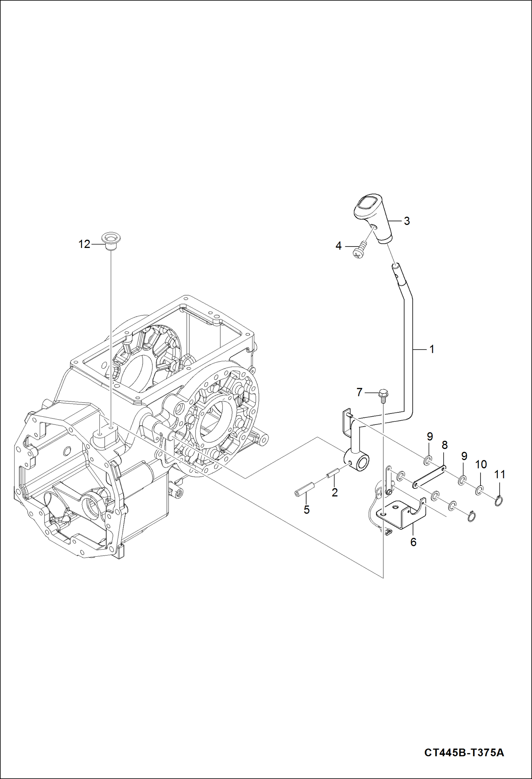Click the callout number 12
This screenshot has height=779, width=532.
(84, 244)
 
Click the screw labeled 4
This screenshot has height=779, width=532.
(360, 248)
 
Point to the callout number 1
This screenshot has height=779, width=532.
(432, 349)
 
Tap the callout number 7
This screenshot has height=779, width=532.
(359, 392)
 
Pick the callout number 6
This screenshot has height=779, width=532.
(413, 542)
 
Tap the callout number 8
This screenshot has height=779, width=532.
(445, 445)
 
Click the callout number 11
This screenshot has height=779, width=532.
(499, 474)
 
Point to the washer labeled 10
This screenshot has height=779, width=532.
(479, 491)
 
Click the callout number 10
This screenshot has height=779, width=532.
(481, 464)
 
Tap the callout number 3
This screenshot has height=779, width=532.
(407, 221)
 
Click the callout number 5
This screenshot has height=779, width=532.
(306, 510)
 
